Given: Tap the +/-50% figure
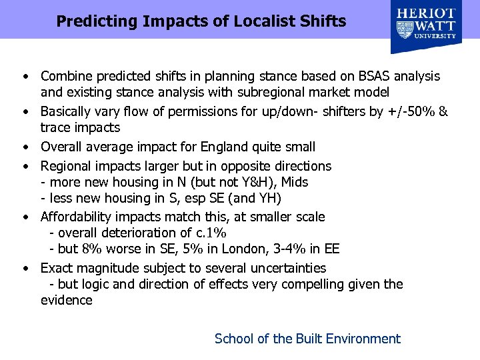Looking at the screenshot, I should click(411, 111).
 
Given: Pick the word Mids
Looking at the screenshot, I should click(295, 182).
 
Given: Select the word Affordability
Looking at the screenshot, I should click(79, 217).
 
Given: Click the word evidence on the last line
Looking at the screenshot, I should click(67, 300).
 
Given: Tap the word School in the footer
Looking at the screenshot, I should click(233, 339).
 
